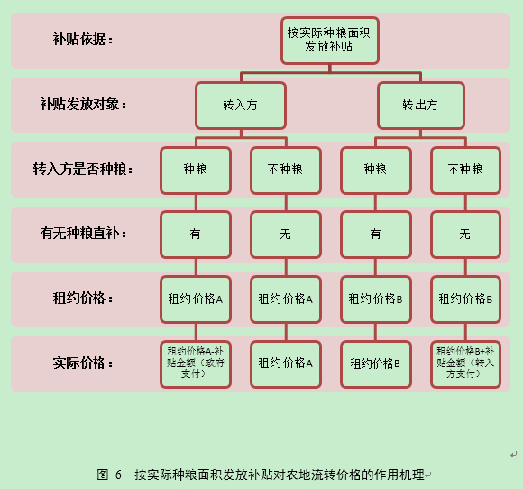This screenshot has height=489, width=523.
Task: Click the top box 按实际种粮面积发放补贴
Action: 329,41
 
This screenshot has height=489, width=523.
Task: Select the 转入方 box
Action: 241,106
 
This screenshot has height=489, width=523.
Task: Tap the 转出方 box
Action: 420,106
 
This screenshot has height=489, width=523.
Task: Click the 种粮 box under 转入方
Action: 196,171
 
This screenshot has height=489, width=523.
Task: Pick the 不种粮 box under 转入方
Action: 286,171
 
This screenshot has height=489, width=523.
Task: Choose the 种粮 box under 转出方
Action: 376,171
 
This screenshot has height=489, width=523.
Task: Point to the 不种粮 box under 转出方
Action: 465,171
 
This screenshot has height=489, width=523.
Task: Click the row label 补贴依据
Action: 83,40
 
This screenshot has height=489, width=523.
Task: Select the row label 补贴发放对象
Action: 83,104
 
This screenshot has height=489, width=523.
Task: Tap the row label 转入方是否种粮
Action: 83,169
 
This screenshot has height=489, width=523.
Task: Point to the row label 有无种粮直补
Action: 83,234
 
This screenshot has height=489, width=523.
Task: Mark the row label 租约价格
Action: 83,298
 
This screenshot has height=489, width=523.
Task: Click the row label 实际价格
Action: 83,363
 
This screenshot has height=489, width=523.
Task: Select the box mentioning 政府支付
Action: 196,364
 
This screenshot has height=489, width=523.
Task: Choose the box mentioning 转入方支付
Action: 465,364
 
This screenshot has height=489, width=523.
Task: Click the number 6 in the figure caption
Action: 118,475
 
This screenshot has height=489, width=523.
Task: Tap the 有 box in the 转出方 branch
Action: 376,235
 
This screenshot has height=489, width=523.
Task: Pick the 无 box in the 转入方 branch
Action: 286,235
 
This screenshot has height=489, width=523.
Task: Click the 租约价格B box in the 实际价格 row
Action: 376,364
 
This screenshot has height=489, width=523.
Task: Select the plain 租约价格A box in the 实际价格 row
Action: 286,364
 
